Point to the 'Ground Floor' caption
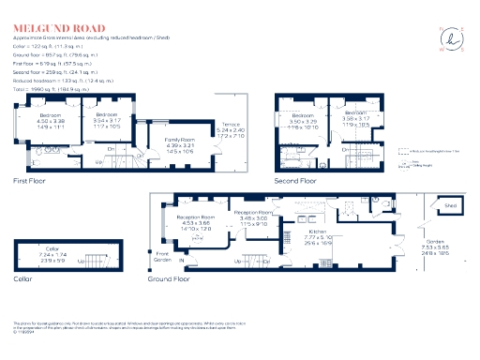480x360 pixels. pyautogui.click(x=169, y=278)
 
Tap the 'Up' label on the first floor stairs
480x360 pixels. pyautogui.click(x=99, y=161)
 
